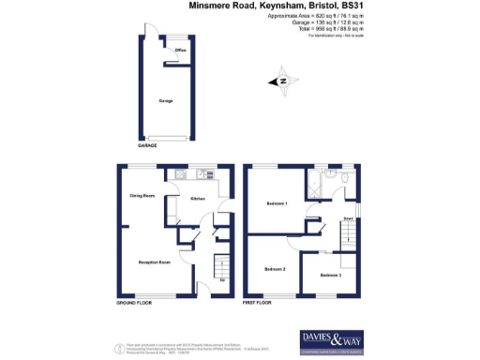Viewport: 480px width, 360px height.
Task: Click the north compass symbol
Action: [x=283, y=82]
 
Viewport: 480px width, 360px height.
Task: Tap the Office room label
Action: [x=179, y=49]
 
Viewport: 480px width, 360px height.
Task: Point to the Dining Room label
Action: [x=142, y=196]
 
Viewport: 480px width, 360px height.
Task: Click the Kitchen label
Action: [x=198, y=199]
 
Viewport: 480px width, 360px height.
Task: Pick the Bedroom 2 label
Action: [x=275, y=269]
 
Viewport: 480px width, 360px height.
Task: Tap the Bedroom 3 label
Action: [x=330, y=275]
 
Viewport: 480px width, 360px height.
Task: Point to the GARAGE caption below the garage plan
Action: [x=148, y=146]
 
